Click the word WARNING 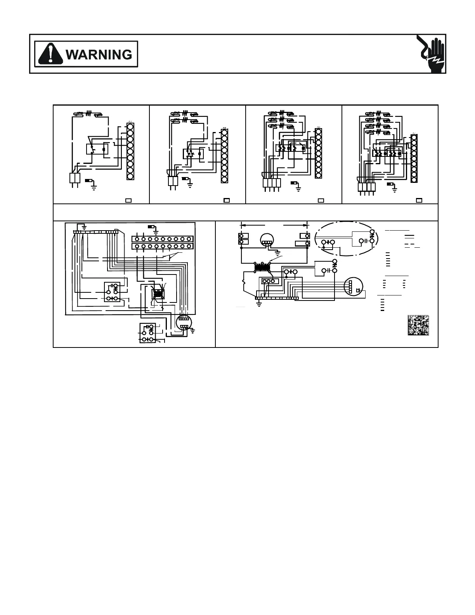pyautogui.click(x=99, y=54)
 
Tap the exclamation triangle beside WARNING pyautogui.click(x=50, y=54)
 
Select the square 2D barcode pyautogui.click(x=418, y=325)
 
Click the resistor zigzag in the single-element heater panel pyautogui.click(x=88, y=114)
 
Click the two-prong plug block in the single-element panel pyautogui.click(x=75, y=178)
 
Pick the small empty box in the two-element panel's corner pyautogui.click(x=227, y=200)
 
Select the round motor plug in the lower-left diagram pyautogui.click(x=184, y=323)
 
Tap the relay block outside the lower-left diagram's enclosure pyautogui.click(x=147, y=333)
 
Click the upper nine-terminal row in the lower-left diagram pyautogui.click(x=162, y=239)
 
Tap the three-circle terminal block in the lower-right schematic pyautogui.click(x=269, y=281)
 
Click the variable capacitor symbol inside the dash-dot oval pyautogui.click(x=371, y=235)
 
